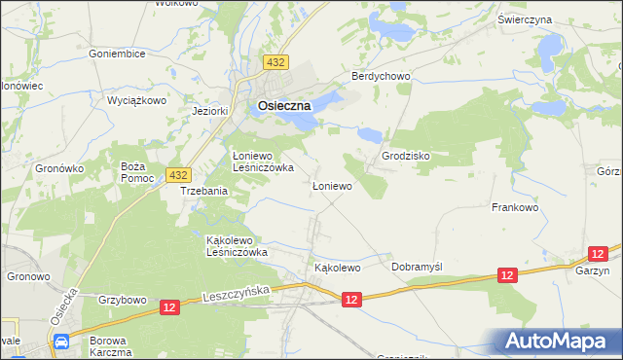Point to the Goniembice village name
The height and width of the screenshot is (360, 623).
click(x=116, y=54)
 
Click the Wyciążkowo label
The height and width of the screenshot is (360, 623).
click(x=137, y=100)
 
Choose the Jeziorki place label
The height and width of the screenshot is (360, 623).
click(x=210, y=111)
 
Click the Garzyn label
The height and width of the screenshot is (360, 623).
click(x=592, y=273)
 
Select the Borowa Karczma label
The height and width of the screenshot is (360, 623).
click(x=108, y=344)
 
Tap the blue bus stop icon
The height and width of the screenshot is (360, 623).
click(x=61, y=342)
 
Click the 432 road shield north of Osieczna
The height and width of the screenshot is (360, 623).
click(x=275, y=62)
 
